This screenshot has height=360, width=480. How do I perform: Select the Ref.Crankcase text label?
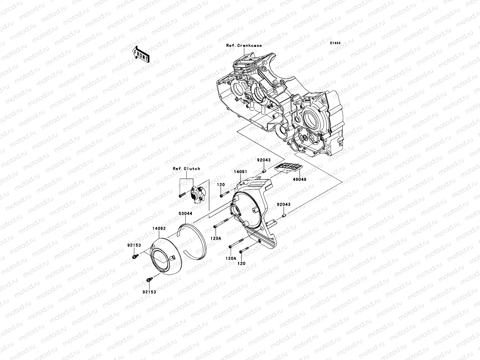coord(244,46)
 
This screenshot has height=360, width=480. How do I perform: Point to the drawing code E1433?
coord(335,43)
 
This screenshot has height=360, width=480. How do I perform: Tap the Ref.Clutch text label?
coord(186,169)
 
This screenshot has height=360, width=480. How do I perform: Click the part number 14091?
coord(241,172)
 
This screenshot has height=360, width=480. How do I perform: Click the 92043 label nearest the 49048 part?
coord(263,160)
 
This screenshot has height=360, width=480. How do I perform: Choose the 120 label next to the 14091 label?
coord(221,185)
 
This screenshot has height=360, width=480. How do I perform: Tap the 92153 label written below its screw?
coord(149,292)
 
